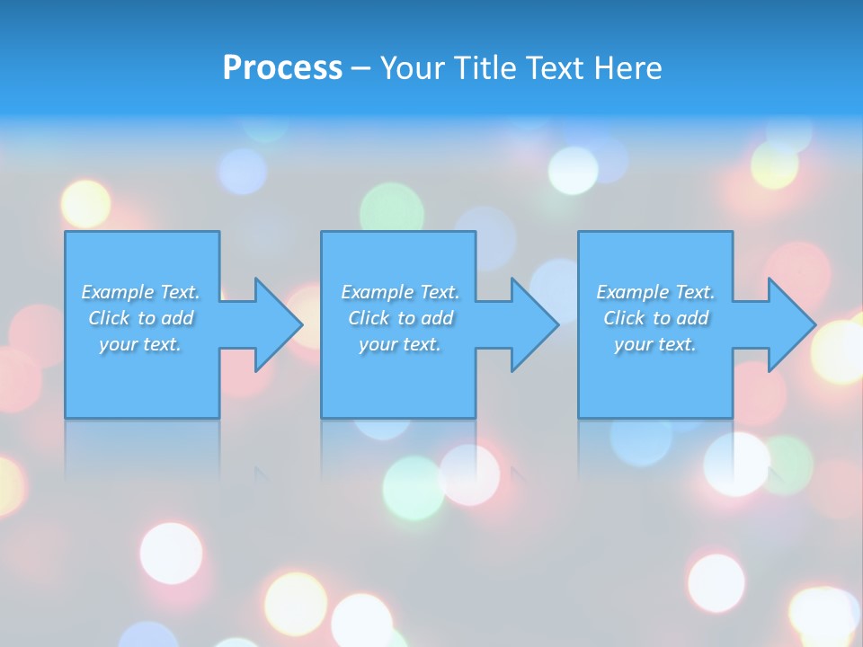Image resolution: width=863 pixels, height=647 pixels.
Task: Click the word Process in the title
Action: [x=282, y=68]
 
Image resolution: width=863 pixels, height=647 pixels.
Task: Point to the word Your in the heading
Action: [x=413, y=68]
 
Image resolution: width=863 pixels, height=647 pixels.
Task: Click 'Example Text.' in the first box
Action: [x=140, y=292]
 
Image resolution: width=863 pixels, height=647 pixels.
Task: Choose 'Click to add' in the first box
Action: [x=140, y=318]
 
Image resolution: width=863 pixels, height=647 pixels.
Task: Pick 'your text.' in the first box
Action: [x=140, y=344]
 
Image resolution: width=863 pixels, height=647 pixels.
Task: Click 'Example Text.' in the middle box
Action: [x=400, y=292]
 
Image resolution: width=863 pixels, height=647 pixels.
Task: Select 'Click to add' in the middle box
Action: [x=400, y=318]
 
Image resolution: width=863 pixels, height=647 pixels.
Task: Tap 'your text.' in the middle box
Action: [x=400, y=344]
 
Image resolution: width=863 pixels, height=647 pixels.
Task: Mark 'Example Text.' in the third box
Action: [x=655, y=292]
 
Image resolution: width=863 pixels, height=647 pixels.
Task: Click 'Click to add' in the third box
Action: [x=655, y=318]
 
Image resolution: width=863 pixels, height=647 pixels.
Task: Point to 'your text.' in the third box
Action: [x=655, y=344]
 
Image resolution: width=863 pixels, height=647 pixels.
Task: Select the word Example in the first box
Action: [x=118, y=292]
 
